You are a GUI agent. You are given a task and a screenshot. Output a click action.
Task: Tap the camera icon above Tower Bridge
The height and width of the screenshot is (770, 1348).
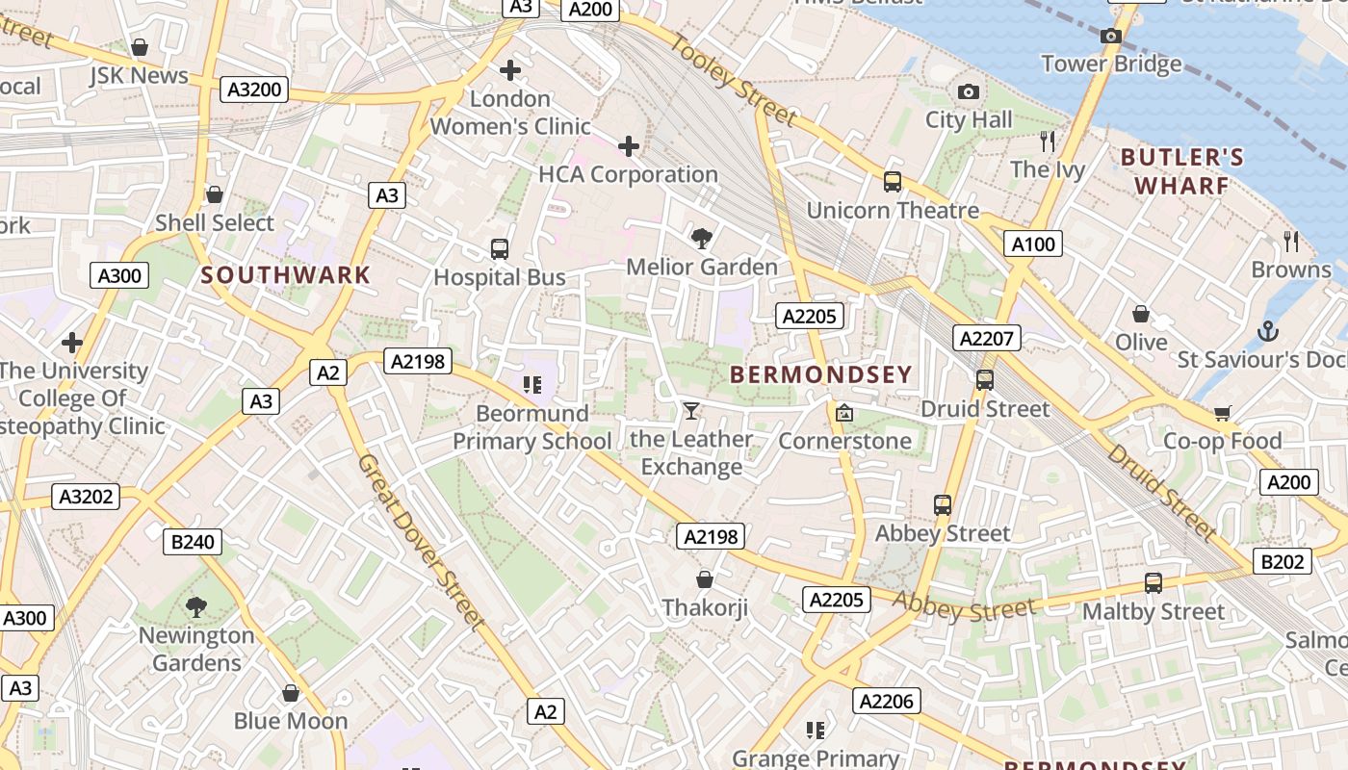tap(1111, 36)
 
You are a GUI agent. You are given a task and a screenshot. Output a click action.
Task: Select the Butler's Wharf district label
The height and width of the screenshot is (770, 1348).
tap(1181, 171)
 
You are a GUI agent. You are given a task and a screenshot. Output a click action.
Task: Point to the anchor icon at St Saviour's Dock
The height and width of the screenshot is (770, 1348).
tap(1268, 332)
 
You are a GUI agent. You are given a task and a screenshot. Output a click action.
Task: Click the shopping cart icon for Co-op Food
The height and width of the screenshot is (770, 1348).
tap(1222, 413)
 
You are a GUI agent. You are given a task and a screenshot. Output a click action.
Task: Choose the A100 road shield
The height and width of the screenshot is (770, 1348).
tap(1033, 244)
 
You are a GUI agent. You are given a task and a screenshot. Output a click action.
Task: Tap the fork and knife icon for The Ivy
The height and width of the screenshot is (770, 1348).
tap(1048, 141)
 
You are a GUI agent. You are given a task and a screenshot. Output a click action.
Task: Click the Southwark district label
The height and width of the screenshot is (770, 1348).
tap(286, 274)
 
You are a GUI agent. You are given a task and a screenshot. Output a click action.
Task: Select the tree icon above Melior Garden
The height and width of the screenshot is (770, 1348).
tap(702, 238)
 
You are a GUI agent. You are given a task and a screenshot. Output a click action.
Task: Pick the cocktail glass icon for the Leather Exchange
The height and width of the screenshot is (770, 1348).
tap(690, 411)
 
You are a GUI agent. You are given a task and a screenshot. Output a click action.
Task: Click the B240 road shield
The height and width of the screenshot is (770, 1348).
tap(193, 542)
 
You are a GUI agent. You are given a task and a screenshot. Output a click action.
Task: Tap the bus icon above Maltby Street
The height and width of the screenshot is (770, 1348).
tap(1154, 582)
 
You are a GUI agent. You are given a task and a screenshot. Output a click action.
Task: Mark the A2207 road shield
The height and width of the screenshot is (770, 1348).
tap(988, 338)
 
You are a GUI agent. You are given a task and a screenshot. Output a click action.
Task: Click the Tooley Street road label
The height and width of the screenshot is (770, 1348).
tap(734, 81)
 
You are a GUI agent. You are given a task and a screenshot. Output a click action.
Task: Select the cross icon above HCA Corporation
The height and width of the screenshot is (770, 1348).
tap(629, 146)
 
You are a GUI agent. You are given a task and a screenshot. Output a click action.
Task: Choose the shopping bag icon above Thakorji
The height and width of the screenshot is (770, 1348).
tap(705, 578)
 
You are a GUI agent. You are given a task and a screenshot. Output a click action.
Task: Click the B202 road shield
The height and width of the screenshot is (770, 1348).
tap(1282, 561)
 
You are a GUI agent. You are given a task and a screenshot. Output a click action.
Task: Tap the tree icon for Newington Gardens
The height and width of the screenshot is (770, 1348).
tap(196, 606)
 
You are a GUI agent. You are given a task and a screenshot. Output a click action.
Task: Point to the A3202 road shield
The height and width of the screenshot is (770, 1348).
tap(87, 497)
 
